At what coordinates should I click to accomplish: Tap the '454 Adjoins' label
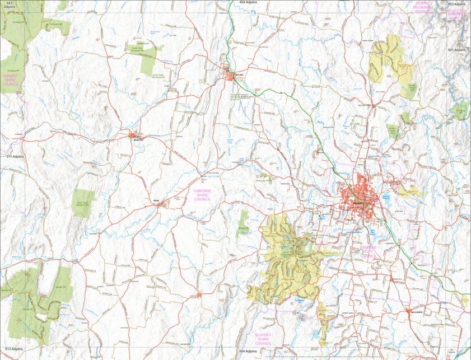coord(248,3)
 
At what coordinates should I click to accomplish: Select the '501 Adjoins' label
coord(456,50)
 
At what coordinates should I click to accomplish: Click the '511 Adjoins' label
coord(14,157)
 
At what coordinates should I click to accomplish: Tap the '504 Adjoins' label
coord(248,351)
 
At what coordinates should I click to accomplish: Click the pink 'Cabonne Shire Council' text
coord(203,194)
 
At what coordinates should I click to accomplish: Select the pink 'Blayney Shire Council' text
coord(263,339)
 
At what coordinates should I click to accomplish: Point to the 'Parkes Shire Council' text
coord(11,80)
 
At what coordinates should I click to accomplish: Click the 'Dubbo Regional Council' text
coord(422,7)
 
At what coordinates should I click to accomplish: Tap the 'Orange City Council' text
coord(369,251)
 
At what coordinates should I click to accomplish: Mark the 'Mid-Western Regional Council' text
coord(457,14)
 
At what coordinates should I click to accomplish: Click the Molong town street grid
coord(230,75)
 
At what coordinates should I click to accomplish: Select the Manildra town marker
coord(134,135)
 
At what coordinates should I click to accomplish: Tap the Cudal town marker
coord(161,204)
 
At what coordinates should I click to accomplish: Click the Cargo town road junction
coord(198,293)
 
